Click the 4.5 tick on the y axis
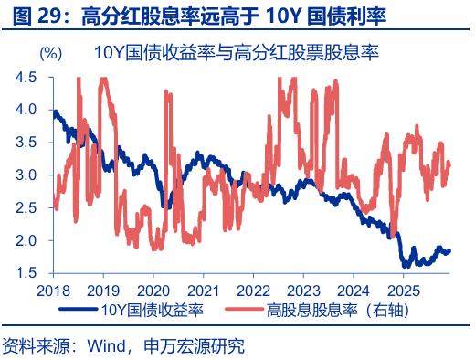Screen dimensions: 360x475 click(x=26, y=78)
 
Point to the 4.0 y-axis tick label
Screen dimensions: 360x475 click(x=26, y=110)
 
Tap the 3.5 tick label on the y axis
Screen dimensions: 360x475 click(x=26, y=143)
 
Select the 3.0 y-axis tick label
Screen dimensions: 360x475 click(x=26, y=175)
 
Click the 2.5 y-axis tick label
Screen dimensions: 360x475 click(x=26, y=208)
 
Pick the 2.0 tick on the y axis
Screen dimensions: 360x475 click(x=26, y=241)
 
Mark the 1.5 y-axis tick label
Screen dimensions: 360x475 click(x=26, y=273)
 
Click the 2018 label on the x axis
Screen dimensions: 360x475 click(x=53, y=291)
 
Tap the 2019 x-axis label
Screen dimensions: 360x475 click(x=102, y=291)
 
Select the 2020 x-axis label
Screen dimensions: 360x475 click(x=153, y=291)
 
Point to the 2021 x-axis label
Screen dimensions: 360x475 click(x=202, y=291)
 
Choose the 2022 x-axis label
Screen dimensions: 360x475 click(x=252, y=291)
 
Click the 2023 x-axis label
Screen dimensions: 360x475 click(x=301, y=291)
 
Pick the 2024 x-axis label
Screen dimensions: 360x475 click(x=352, y=291)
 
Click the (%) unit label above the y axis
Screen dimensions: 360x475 click(x=51, y=53)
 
